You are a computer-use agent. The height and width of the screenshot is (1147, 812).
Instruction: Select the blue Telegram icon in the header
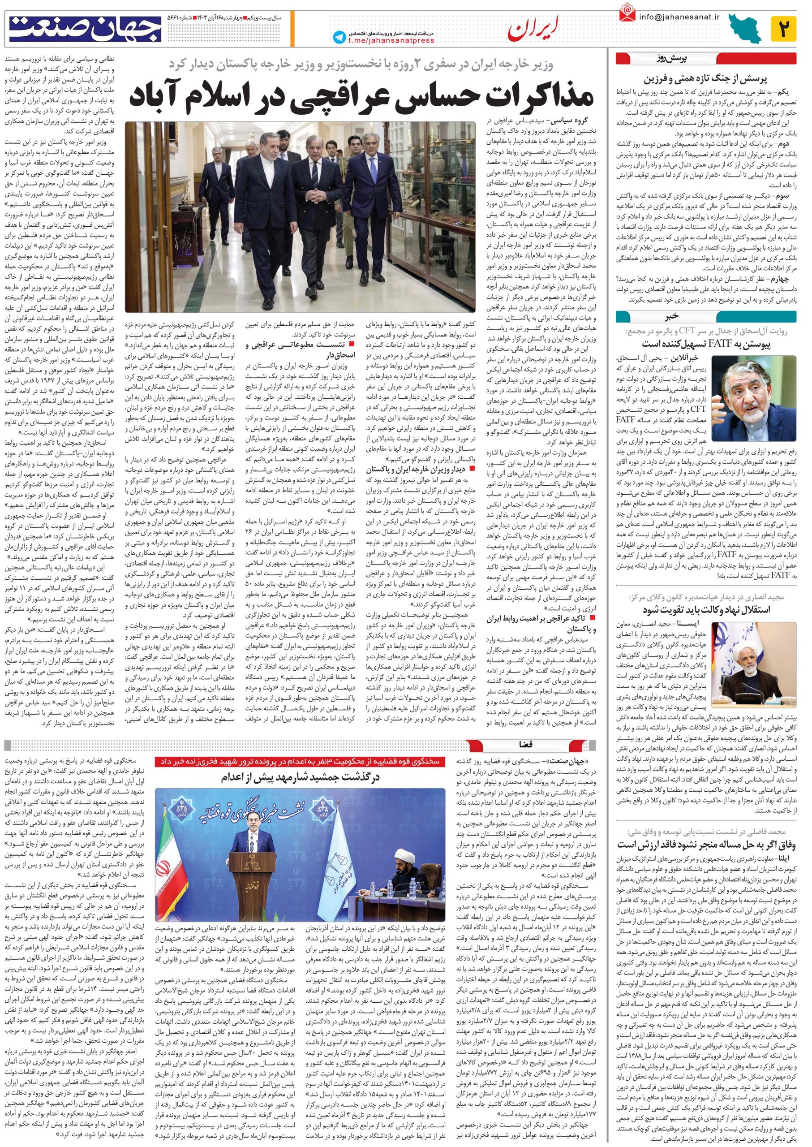point(339,37)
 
